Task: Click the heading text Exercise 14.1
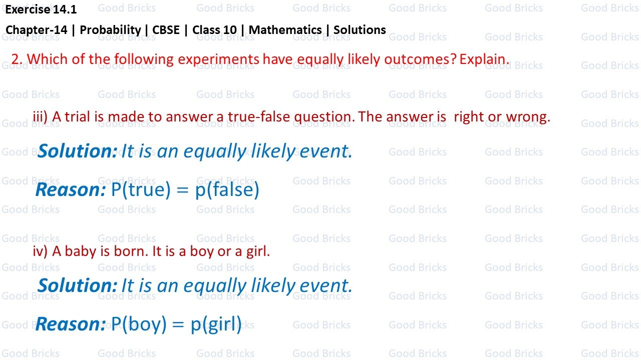[x=41, y=9]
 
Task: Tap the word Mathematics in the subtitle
[x=285, y=30]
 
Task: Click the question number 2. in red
[x=17, y=59]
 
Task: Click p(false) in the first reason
[x=227, y=190]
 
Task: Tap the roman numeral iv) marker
[x=40, y=251]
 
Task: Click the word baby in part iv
[x=80, y=251]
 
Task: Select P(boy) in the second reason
[x=139, y=324]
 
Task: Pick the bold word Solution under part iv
[x=77, y=285]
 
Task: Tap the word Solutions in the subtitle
[x=360, y=30]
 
